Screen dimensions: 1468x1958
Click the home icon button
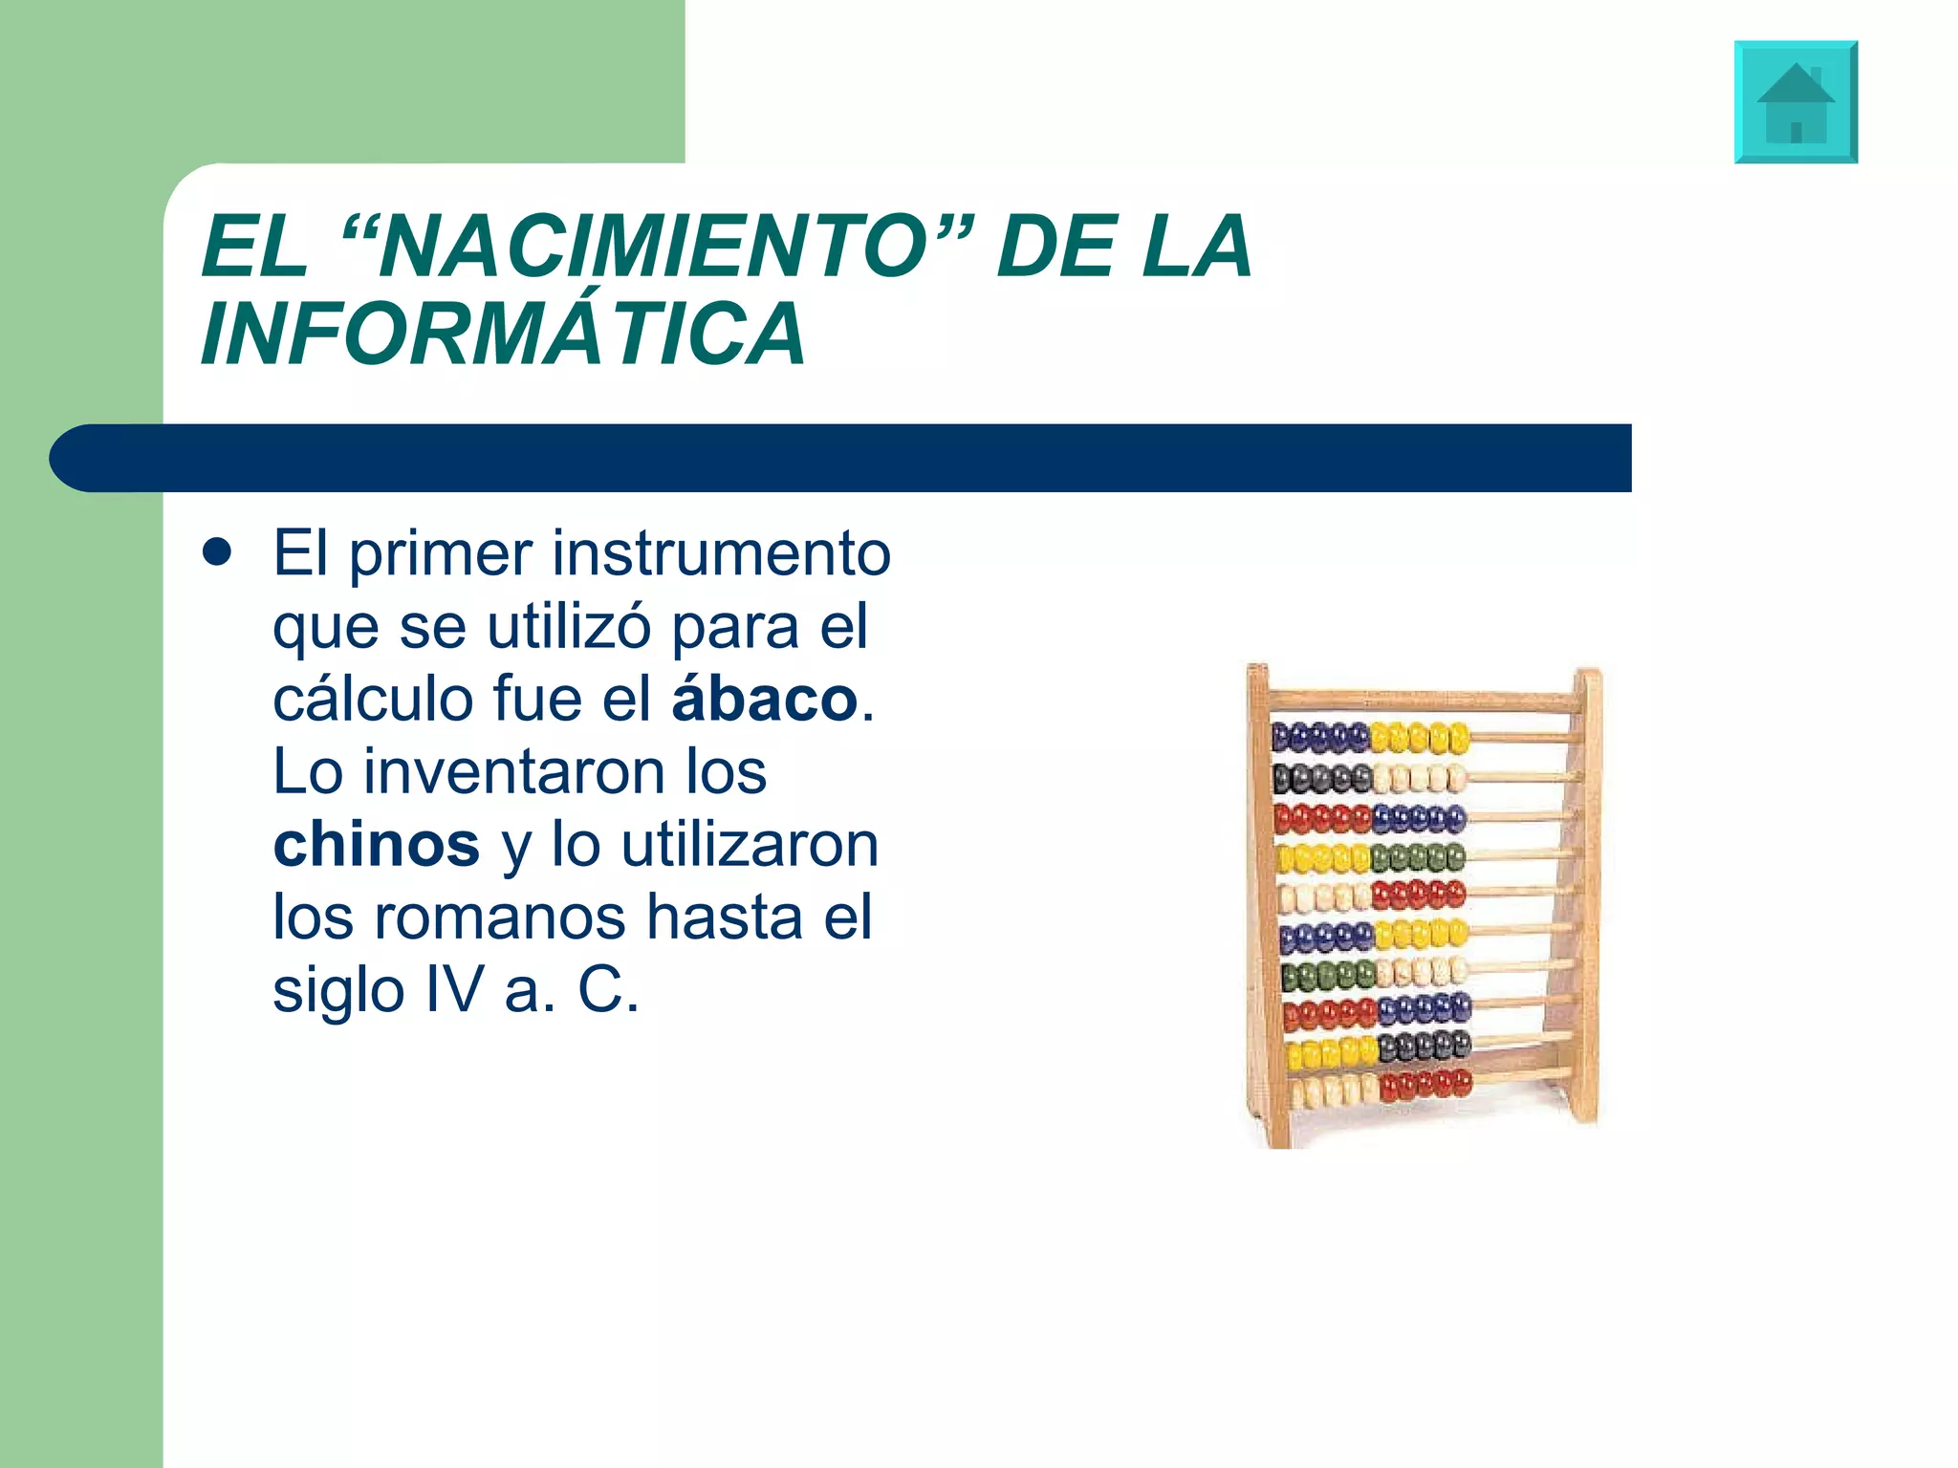pos(1795,102)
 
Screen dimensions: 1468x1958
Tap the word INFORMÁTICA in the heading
pos(504,334)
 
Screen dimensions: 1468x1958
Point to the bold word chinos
pos(376,845)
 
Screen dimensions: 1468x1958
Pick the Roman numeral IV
pos(454,990)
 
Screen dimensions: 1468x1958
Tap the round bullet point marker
pos(218,553)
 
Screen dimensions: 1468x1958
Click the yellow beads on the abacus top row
pos(1420,738)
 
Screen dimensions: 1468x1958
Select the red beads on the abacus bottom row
pos(1425,1085)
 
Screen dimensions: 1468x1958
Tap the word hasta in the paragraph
pos(725,917)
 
